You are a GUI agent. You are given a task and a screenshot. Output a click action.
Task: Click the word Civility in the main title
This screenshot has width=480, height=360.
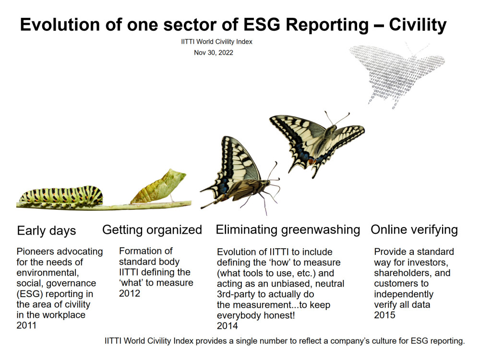tap(418, 25)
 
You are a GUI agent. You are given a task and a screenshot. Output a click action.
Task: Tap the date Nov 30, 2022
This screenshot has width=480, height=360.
tap(214, 53)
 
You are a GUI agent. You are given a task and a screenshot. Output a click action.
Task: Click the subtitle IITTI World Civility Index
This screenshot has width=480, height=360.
tap(216, 42)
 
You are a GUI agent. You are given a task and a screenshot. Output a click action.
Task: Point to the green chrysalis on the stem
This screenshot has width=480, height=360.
tap(158, 187)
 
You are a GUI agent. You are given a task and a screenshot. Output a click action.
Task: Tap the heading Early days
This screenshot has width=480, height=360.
tap(47, 230)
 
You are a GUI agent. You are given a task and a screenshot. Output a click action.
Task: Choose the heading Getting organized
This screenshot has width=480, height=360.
tap(152, 230)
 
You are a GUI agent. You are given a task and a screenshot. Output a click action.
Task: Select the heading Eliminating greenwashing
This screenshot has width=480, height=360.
tap(288, 229)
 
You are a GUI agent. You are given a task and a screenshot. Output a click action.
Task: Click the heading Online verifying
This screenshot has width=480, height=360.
tap(414, 229)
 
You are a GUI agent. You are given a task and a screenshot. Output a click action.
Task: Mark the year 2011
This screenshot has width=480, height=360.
tap(26, 325)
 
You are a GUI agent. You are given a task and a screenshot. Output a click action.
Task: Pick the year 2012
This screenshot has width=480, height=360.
tap(130, 293)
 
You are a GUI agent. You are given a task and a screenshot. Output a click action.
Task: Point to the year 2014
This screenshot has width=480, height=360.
tap(228, 326)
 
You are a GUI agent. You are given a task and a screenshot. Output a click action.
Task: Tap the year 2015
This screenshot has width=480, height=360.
tap(384, 315)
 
